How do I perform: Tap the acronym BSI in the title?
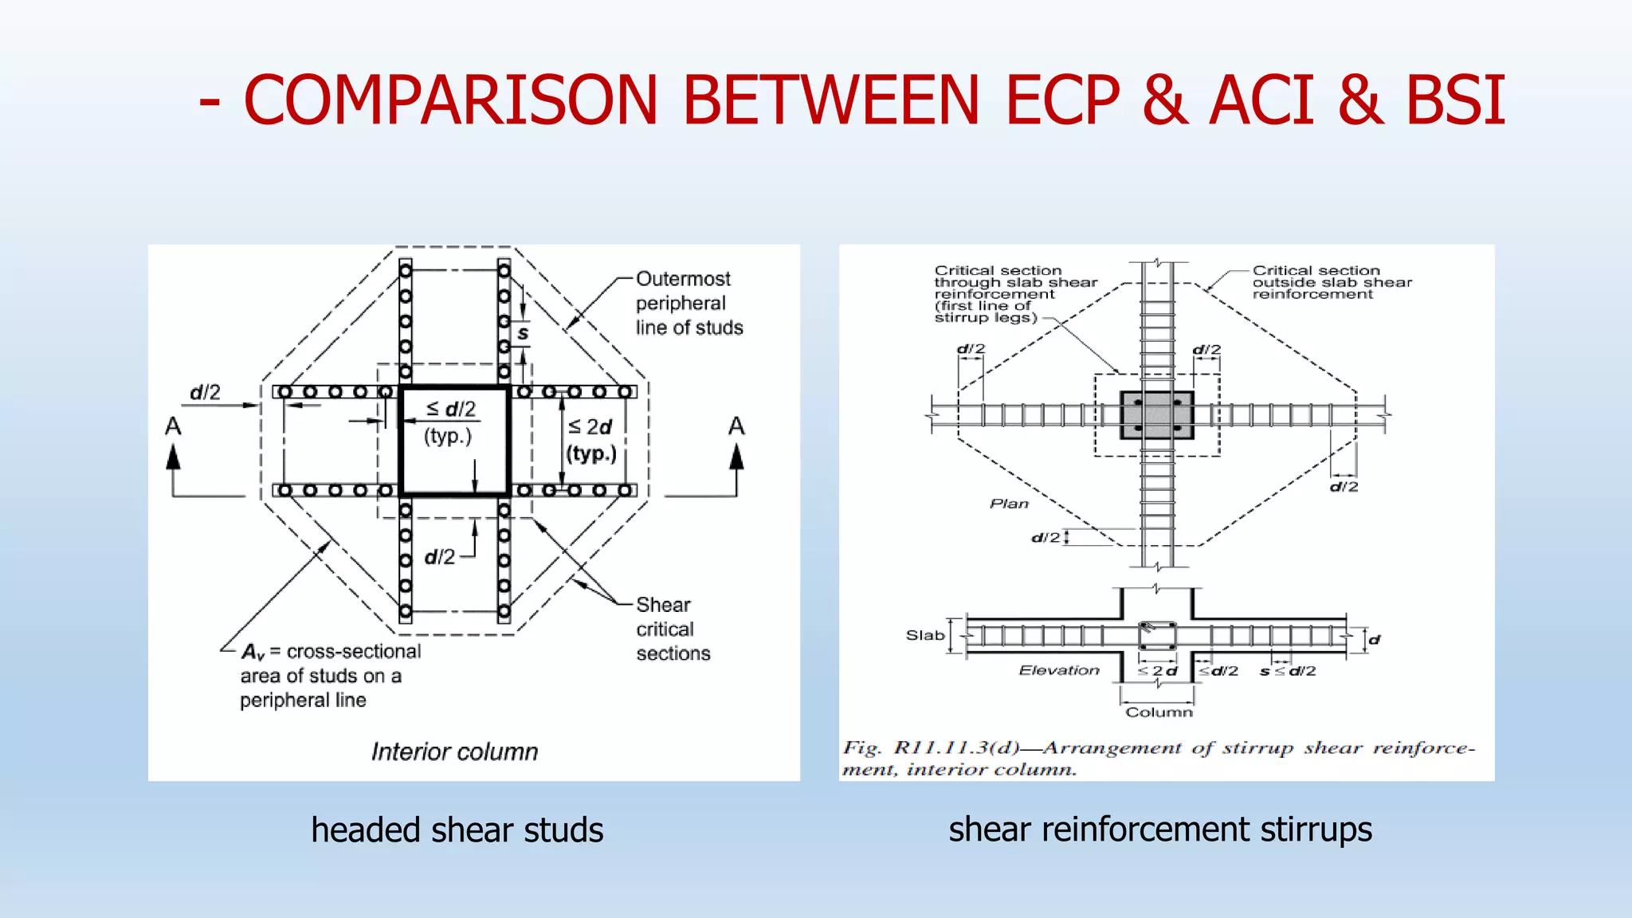tap(1455, 100)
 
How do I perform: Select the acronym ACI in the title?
tap(1261, 100)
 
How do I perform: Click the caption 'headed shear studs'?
tap(457, 830)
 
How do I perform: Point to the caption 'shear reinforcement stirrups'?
tap(1159, 829)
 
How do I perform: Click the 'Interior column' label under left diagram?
tap(454, 751)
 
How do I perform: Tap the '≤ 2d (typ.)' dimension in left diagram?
tap(591, 440)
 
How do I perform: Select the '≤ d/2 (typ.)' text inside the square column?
tap(449, 422)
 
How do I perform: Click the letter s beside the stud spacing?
tap(523, 333)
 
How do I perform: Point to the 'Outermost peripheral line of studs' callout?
tap(688, 304)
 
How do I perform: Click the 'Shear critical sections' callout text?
tap(672, 629)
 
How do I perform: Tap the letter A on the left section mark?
tap(173, 427)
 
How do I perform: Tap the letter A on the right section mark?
tap(736, 427)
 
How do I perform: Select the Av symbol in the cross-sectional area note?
tap(253, 653)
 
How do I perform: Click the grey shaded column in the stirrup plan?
tap(1156, 415)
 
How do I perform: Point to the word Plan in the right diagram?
tap(1009, 504)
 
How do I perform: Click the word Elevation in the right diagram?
tap(1059, 670)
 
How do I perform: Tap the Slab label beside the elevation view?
tap(924, 635)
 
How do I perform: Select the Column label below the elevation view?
tap(1159, 712)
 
